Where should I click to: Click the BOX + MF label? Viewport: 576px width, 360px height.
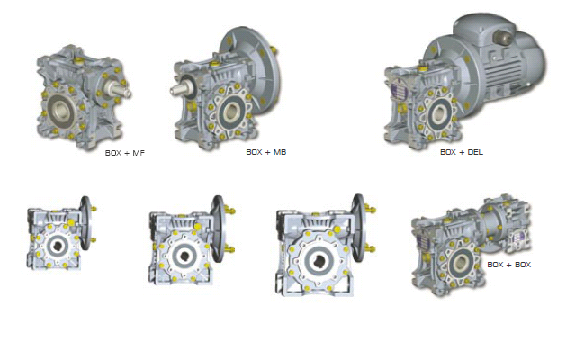pyautogui.click(x=125, y=153)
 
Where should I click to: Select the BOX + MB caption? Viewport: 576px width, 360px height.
pyautogui.click(x=266, y=152)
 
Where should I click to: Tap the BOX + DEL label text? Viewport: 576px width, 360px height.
pyautogui.click(x=462, y=152)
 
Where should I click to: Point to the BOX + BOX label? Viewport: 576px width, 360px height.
pyautogui.click(x=508, y=265)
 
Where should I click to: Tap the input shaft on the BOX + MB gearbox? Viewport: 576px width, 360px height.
pyautogui.click(x=181, y=87)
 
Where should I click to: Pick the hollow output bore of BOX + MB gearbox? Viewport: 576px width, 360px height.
pyautogui.click(x=231, y=110)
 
